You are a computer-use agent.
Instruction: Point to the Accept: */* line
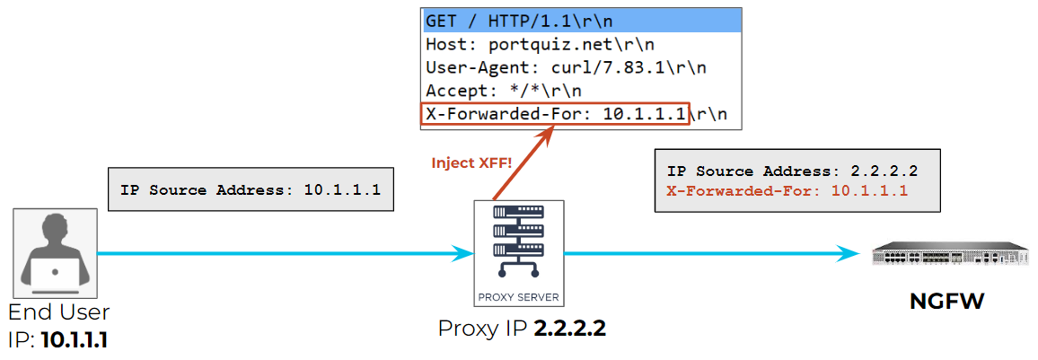coord(503,91)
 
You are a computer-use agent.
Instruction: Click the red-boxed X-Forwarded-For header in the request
coord(555,114)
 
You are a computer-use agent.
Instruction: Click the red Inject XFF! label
coord(471,163)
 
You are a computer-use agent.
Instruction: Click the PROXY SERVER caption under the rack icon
coord(519,295)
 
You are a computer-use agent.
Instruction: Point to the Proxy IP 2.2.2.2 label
coord(522,329)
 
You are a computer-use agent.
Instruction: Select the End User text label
coord(58,313)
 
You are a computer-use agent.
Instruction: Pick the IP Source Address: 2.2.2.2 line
coord(792,171)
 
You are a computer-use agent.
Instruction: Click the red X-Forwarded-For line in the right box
coord(787,191)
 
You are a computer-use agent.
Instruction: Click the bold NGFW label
coord(947,303)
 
